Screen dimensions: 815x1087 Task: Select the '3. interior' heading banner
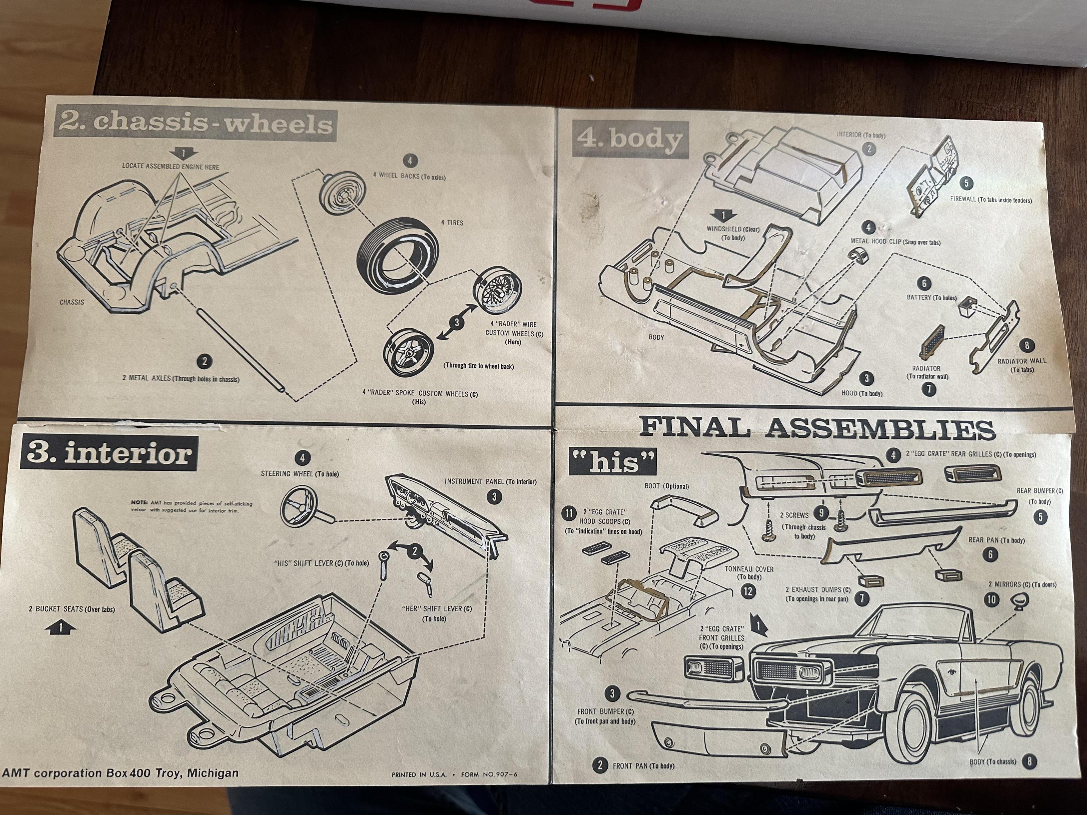click(x=108, y=454)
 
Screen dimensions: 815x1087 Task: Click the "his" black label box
click(x=613, y=462)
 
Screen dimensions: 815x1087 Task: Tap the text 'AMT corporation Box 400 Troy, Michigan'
click(x=120, y=773)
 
